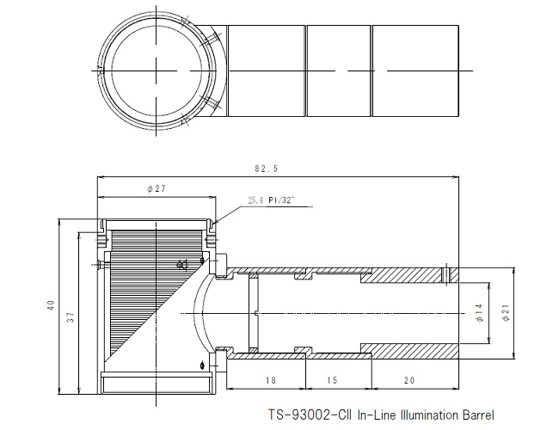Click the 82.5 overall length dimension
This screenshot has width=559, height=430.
click(x=266, y=169)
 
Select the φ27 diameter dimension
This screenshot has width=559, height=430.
click(x=157, y=188)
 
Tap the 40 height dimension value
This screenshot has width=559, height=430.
click(x=51, y=305)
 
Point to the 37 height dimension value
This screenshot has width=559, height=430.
click(x=71, y=317)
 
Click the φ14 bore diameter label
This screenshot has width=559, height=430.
click(x=480, y=313)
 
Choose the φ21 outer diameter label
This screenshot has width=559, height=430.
click(x=506, y=313)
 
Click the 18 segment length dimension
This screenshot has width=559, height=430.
click(x=271, y=380)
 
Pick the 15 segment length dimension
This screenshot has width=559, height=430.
click(x=332, y=380)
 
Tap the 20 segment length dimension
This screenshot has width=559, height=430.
click(x=409, y=380)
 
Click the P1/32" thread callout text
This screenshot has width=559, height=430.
click(x=282, y=200)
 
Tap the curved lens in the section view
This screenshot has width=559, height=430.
click(x=200, y=313)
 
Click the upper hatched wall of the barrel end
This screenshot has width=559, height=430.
click(x=410, y=275)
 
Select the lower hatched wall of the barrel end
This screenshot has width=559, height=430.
click(x=410, y=351)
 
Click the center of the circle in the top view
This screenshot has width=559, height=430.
click(x=156, y=71)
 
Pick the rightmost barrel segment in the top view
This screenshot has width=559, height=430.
click(x=415, y=71)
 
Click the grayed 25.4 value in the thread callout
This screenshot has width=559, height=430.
click(x=256, y=200)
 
